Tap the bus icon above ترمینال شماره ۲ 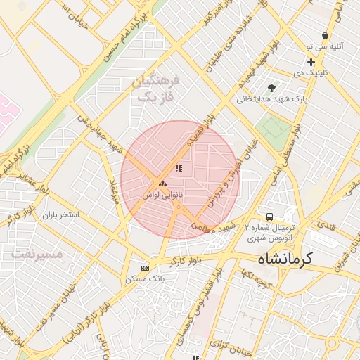(x=269, y=216)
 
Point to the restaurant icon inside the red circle (x=179, y=169)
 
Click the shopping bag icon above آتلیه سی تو (x=325, y=35)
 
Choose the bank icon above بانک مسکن (x=146, y=268)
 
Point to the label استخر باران (x=62, y=214)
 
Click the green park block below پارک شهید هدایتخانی (x=274, y=127)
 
